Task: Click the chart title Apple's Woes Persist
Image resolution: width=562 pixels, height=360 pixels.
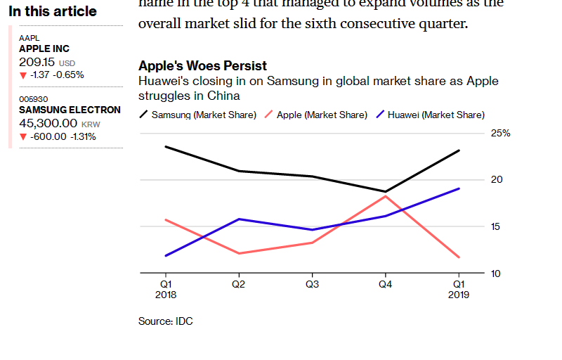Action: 202,66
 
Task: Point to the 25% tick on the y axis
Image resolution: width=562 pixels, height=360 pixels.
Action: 500,133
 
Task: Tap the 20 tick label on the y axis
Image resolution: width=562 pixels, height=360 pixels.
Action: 497,179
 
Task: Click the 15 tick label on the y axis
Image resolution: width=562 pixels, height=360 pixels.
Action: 497,226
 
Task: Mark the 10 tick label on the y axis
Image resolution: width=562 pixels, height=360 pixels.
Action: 496,273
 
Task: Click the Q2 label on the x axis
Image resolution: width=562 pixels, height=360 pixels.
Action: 239,285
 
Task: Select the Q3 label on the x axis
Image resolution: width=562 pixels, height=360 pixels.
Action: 312,285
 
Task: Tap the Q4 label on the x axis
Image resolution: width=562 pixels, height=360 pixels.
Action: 385,285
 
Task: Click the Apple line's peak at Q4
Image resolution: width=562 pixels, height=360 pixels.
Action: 385,195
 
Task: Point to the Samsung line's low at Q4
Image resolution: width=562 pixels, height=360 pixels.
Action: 385,191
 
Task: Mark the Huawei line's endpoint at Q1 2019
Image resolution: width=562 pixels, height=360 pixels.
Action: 459,188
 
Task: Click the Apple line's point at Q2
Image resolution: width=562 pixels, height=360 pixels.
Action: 239,253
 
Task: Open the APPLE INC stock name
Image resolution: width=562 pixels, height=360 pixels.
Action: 44,49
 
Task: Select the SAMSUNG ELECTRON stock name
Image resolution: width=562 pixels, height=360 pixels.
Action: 70,110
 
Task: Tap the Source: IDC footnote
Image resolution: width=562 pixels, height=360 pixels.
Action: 165,321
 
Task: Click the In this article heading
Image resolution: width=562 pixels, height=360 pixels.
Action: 53,12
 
